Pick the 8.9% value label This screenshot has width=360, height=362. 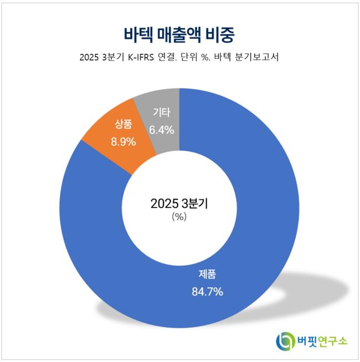point(124,141)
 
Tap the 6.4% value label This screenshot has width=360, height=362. point(162,130)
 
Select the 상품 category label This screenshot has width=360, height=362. point(124,124)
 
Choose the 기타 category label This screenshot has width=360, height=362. point(162,113)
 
